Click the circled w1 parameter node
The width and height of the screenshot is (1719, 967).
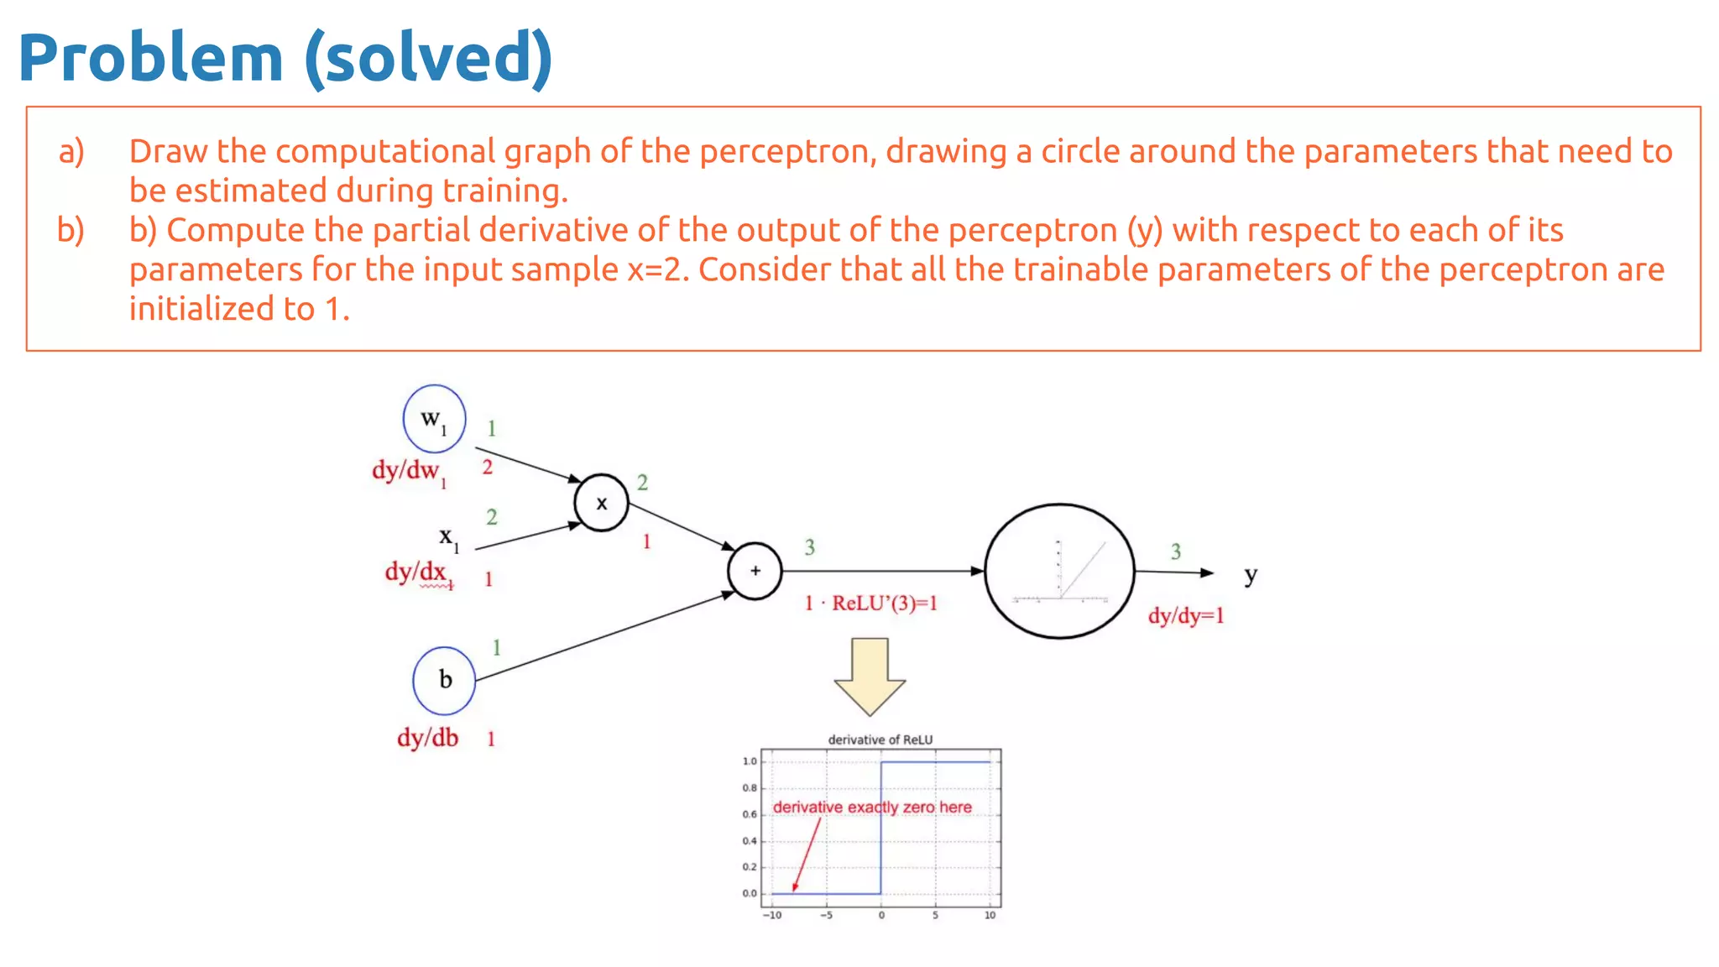click(434, 419)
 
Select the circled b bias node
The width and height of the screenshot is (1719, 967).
click(444, 680)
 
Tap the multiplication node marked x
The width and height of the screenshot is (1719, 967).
click(601, 503)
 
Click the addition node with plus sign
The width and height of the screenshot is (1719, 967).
click(755, 571)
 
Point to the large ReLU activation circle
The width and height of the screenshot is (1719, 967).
click(1059, 571)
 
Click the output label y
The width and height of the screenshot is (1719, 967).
click(1251, 575)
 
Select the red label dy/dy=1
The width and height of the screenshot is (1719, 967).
click(1186, 616)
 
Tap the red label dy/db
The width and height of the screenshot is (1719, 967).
click(427, 738)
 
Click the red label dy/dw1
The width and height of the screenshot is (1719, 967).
click(409, 472)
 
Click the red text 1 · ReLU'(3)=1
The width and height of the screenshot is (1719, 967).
click(870, 604)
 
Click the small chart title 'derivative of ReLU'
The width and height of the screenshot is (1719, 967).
click(880, 740)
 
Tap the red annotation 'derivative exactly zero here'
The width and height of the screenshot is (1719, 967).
click(872, 807)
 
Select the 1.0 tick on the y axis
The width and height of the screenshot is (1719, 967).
click(749, 761)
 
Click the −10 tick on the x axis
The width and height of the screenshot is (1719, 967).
click(772, 915)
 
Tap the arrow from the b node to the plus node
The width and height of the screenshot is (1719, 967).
click(604, 636)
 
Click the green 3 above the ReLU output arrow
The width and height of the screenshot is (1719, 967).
click(1175, 551)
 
